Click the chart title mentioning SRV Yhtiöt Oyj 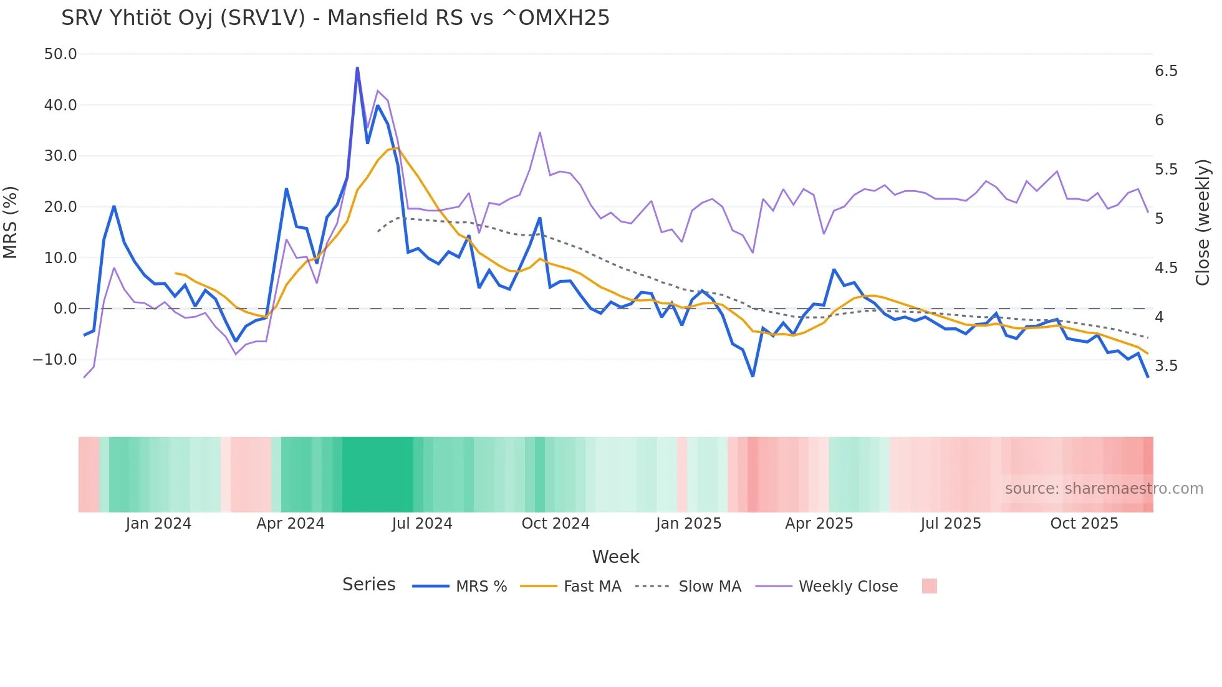point(335,18)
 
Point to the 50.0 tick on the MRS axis point(60,54)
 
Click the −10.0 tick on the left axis point(55,360)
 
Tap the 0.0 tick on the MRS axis point(65,309)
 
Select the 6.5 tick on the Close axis point(1166,71)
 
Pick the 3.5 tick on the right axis point(1166,366)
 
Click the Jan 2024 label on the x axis point(158,524)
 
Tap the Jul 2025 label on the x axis point(951,524)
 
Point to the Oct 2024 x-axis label point(556,524)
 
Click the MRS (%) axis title point(11,222)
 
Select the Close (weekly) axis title point(1203,222)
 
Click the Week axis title point(615,557)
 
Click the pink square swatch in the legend point(929,586)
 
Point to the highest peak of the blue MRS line point(357,68)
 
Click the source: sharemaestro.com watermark point(1104,489)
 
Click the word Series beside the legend point(368,585)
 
